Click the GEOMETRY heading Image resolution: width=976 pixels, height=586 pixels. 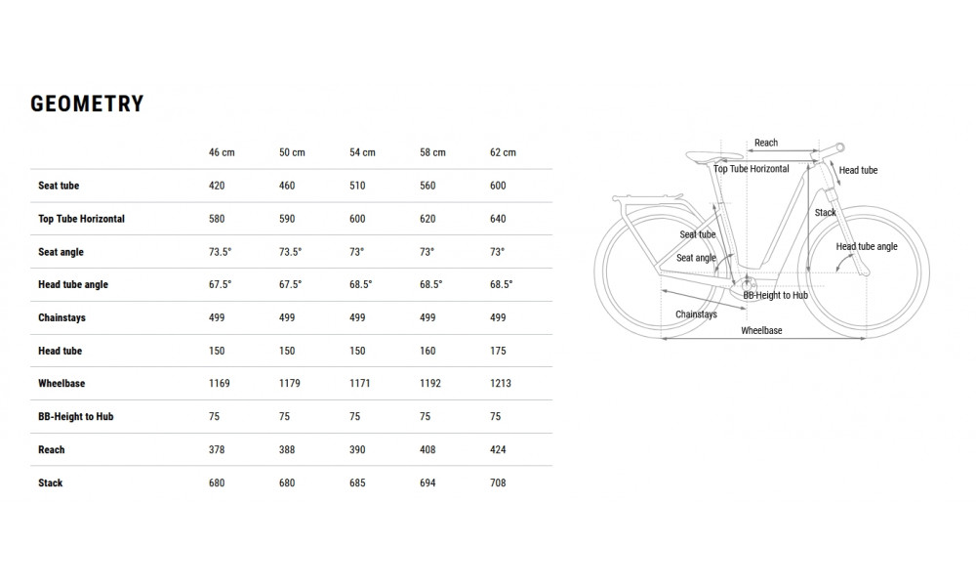pos(87,105)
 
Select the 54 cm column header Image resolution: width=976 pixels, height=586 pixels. pos(362,152)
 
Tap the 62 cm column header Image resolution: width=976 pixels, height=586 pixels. pos(503,152)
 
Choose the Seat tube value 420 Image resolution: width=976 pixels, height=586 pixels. pos(217,186)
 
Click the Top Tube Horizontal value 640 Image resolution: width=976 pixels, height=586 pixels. pos(498,219)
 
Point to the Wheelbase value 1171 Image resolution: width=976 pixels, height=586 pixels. pos(360,384)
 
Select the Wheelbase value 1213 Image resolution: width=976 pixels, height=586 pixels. pos(501,384)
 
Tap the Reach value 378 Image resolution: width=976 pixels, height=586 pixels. pos(217,450)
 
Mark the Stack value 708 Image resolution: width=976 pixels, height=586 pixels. pos(498,483)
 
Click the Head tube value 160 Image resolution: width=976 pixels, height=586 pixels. pos(427,351)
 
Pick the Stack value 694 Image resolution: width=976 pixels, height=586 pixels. pos(427,483)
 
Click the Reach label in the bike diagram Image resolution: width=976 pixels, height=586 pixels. pos(766,144)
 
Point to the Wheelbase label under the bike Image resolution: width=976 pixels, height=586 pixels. pos(761,331)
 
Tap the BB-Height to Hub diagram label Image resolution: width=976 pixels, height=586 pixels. pos(775,295)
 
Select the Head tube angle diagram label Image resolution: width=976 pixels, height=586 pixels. pos(867,247)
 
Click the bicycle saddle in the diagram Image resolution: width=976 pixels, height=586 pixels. pos(704,154)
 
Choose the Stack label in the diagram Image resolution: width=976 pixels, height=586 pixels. pos(826,213)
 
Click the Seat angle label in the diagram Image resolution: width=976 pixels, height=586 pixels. pos(696,258)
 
